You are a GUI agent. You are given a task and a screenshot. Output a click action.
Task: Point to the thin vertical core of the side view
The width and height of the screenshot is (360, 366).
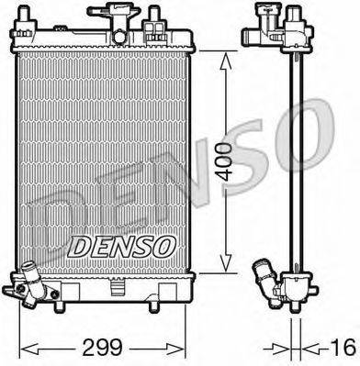coord(296,156)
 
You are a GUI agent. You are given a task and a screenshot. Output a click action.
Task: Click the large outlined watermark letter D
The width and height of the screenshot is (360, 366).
coord(46,220)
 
